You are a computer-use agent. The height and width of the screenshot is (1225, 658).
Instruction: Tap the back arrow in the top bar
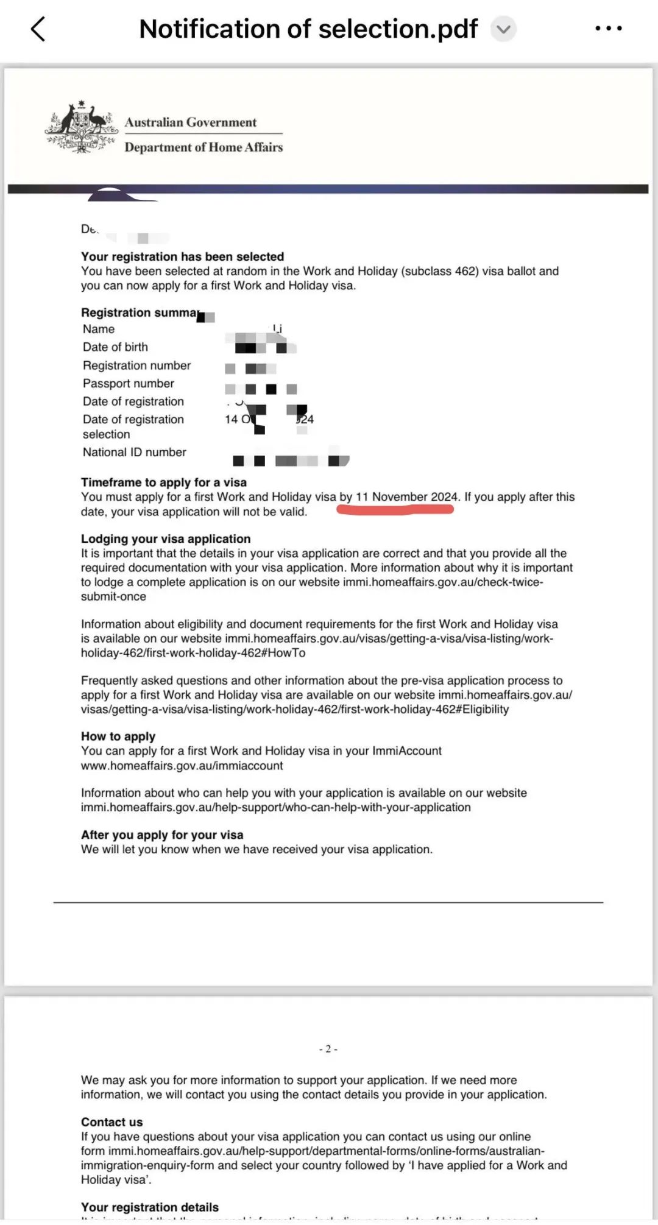pyautogui.click(x=38, y=29)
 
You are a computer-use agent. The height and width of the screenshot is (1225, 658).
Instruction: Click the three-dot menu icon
pyautogui.click(x=608, y=29)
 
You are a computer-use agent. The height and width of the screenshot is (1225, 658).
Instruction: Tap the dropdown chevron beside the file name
pyautogui.click(x=503, y=29)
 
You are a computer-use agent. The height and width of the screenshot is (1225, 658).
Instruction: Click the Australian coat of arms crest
pyautogui.click(x=82, y=127)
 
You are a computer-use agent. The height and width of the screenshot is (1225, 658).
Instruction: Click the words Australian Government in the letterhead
pyautogui.click(x=191, y=122)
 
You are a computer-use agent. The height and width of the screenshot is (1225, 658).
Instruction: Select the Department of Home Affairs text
pyautogui.click(x=203, y=147)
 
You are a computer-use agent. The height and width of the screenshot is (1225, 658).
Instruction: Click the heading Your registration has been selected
pyautogui.click(x=182, y=256)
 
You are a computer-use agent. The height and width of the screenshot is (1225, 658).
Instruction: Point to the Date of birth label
pyautogui.click(x=115, y=347)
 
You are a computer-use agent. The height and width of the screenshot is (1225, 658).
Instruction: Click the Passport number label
pyautogui.click(x=128, y=384)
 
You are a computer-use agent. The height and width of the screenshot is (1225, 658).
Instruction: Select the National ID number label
pyautogui.click(x=134, y=453)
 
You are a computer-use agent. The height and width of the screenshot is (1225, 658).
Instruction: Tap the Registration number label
pyautogui.click(x=136, y=365)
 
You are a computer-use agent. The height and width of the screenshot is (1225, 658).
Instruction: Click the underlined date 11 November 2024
pyautogui.click(x=406, y=497)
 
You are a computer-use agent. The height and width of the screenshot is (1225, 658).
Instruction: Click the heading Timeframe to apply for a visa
pyautogui.click(x=163, y=482)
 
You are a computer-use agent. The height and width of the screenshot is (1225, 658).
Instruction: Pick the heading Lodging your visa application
pyautogui.click(x=166, y=539)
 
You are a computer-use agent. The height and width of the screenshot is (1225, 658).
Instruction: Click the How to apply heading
pyautogui.click(x=118, y=736)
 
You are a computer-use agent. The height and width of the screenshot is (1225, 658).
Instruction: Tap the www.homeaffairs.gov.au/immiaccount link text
pyautogui.click(x=182, y=766)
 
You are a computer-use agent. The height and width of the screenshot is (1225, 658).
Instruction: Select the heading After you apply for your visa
pyautogui.click(x=162, y=835)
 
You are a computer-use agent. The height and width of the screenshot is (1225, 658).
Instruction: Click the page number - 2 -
pyautogui.click(x=328, y=1049)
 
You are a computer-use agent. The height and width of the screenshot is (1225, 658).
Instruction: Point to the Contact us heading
pyautogui.click(x=111, y=1122)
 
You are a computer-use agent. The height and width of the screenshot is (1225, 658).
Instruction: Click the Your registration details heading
pyautogui.click(x=149, y=1207)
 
